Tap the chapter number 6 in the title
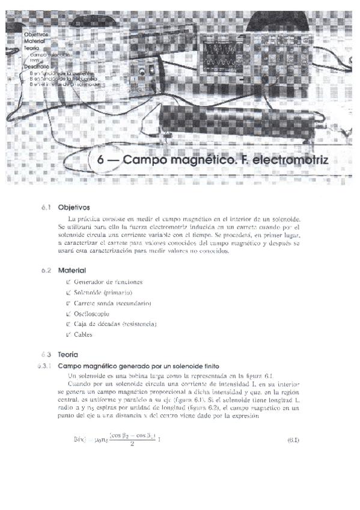click(100, 162)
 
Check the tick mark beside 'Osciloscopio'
click(69, 314)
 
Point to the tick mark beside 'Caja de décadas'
click(69, 324)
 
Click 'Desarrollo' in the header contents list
click(36, 66)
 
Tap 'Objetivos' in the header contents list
click(36, 35)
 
